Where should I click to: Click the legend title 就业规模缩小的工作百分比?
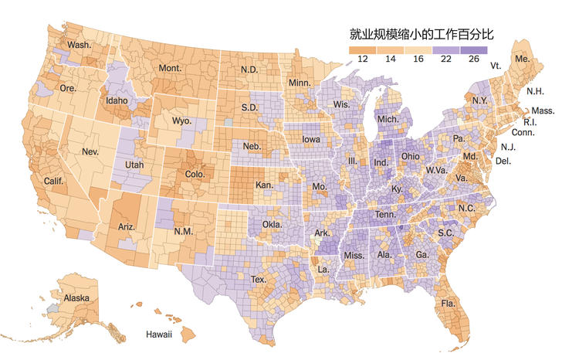(x=421, y=34)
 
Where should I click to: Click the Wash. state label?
(x=79, y=46)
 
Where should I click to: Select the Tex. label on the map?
(x=259, y=279)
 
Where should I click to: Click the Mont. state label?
(x=170, y=69)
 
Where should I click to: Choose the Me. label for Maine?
(x=523, y=59)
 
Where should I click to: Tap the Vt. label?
(x=496, y=66)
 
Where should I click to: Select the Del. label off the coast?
(x=503, y=161)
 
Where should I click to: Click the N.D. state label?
(x=249, y=69)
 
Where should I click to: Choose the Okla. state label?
(x=272, y=225)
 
